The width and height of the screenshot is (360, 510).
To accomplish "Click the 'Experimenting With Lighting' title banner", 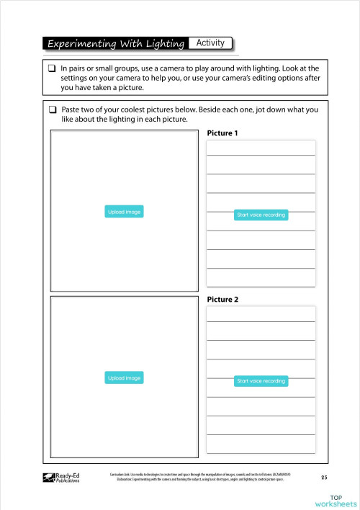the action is click(x=115, y=44).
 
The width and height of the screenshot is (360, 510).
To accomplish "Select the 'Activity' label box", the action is click(x=210, y=43).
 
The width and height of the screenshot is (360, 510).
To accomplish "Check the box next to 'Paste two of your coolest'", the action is click(x=52, y=109).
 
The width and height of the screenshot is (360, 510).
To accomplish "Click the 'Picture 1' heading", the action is click(x=222, y=133).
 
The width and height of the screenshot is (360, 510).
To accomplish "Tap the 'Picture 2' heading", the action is click(x=222, y=299).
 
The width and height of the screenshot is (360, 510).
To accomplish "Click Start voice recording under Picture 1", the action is click(x=261, y=215).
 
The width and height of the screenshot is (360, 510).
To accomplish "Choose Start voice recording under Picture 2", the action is click(x=261, y=381).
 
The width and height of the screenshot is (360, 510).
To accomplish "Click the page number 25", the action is click(x=324, y=477).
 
